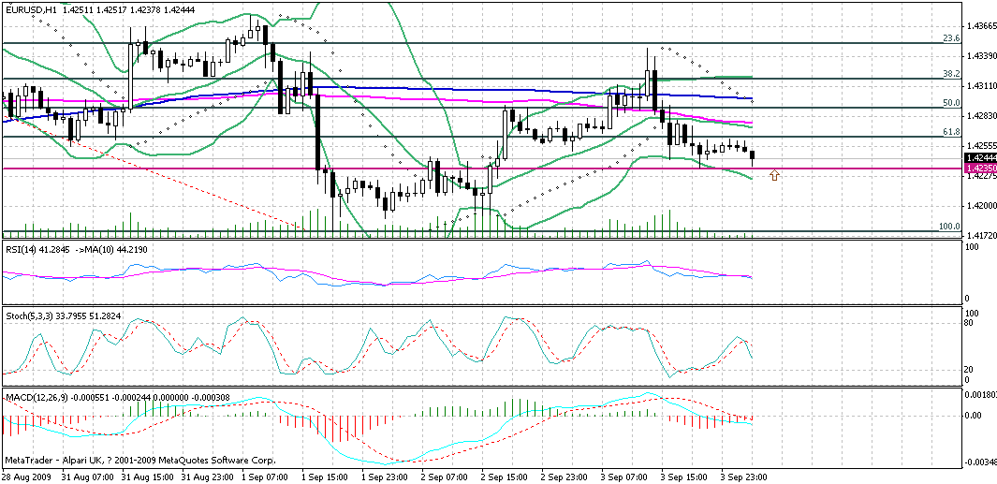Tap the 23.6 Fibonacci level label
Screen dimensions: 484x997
950,38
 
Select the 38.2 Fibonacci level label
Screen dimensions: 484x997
950,73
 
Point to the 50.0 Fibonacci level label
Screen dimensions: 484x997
950,102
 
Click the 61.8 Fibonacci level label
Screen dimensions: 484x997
950,132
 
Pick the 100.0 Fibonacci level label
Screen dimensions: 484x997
948,227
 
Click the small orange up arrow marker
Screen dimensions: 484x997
773,175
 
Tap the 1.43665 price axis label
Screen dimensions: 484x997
979,27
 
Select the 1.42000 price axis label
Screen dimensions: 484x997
979,205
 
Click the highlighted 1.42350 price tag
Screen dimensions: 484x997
978,169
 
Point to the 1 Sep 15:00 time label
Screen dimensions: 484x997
324,477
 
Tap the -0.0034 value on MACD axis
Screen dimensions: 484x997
978,462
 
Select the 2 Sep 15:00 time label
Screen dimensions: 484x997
504,477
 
